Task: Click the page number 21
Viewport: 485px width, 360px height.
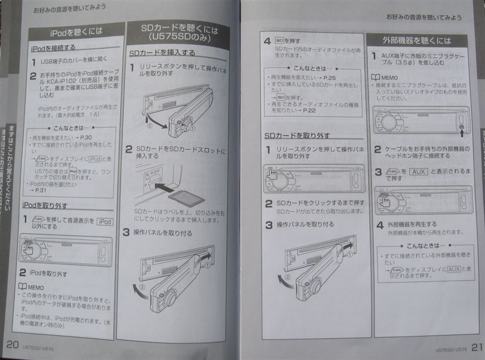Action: point(475,347)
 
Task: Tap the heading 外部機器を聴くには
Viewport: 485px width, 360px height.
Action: point(417,40)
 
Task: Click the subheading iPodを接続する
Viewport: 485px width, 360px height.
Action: point(53,47)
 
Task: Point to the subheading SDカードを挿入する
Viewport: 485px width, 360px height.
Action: point(162,53)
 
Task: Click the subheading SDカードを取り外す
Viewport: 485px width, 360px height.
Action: point(297,135)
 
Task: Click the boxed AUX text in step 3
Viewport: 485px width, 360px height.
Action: point(417,172)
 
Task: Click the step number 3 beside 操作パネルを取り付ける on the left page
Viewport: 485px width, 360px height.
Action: point(126,232)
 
